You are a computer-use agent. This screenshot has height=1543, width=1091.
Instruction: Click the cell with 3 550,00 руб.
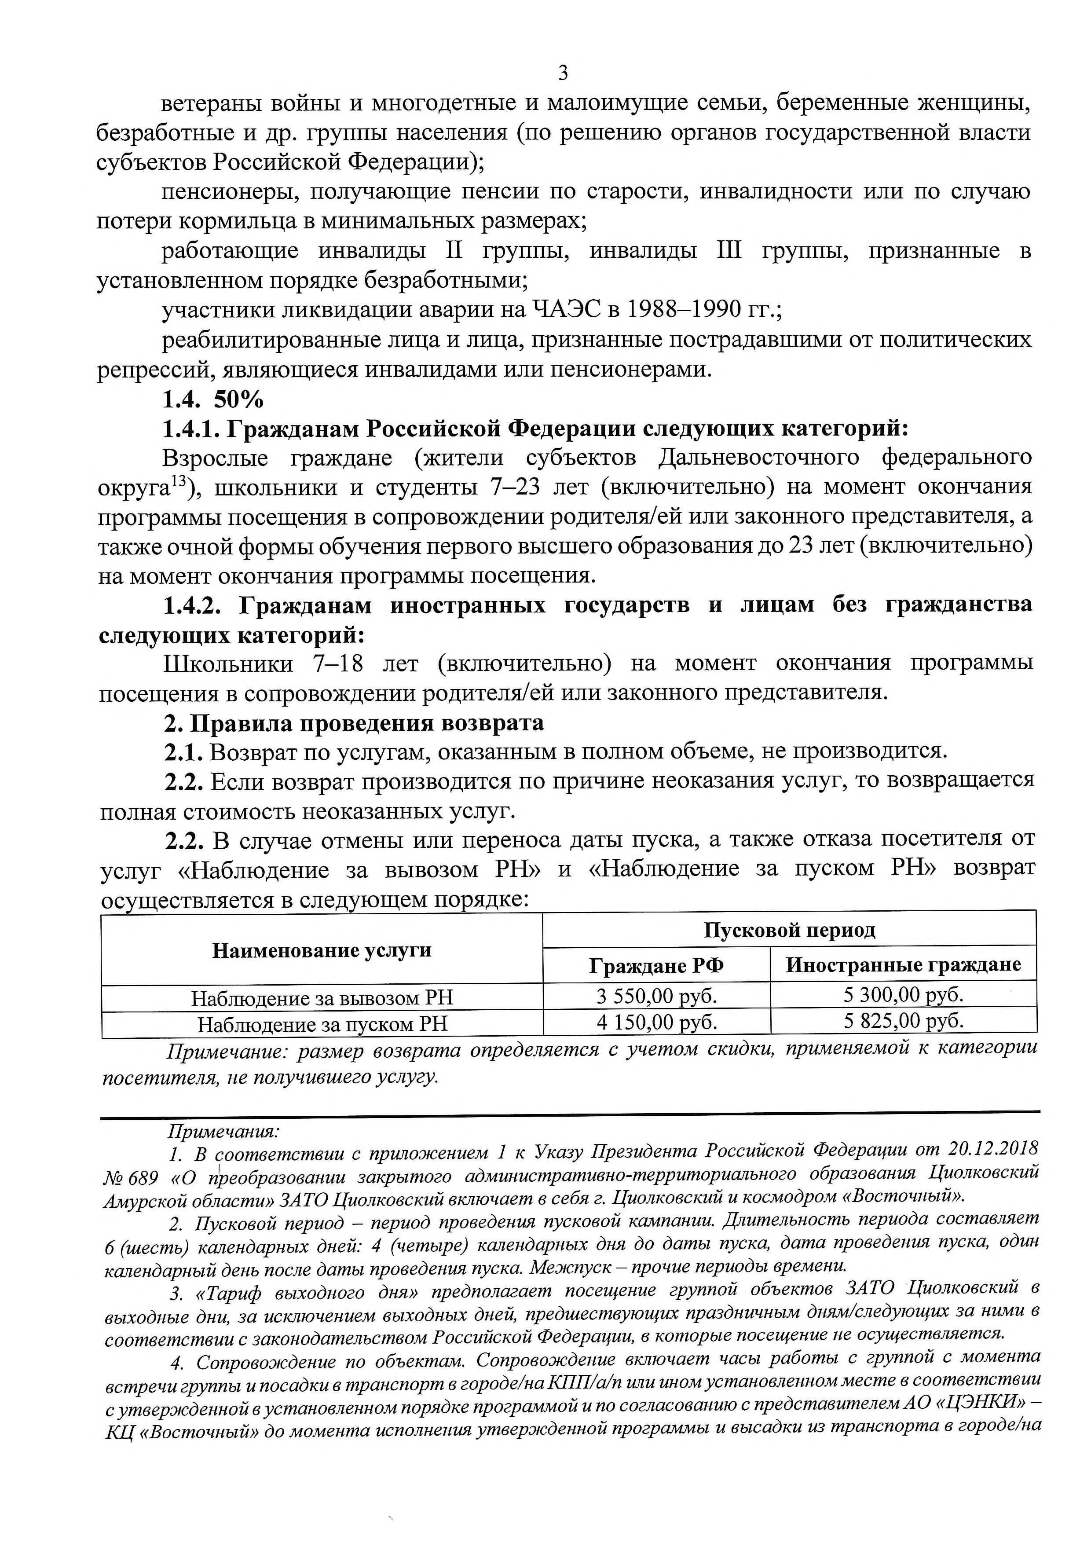656,995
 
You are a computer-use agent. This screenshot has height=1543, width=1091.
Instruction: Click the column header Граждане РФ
656,966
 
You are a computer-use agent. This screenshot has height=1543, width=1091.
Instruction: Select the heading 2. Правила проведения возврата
354,723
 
